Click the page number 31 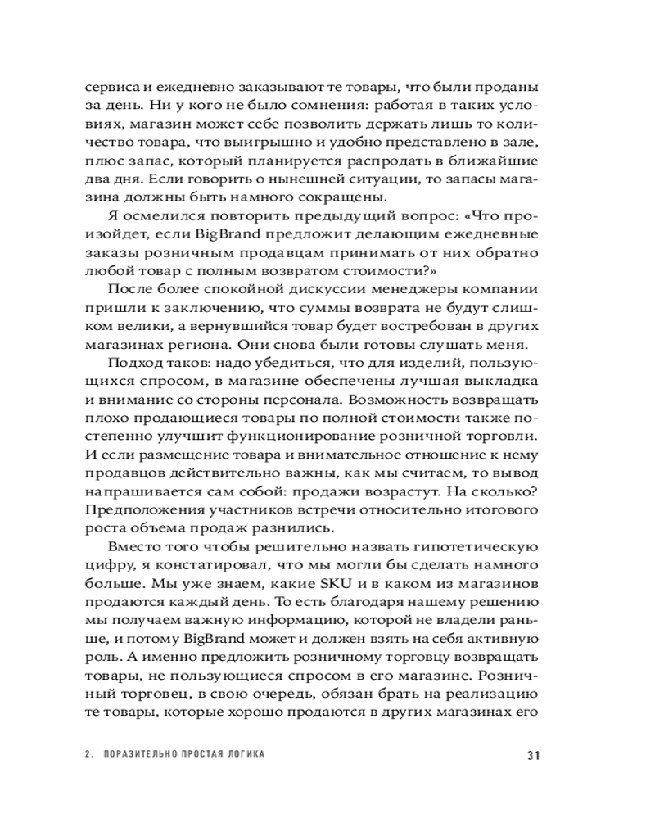pyautogui.click(x=531, y=755)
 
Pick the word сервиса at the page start pyautogui.click(x=108, y=87)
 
